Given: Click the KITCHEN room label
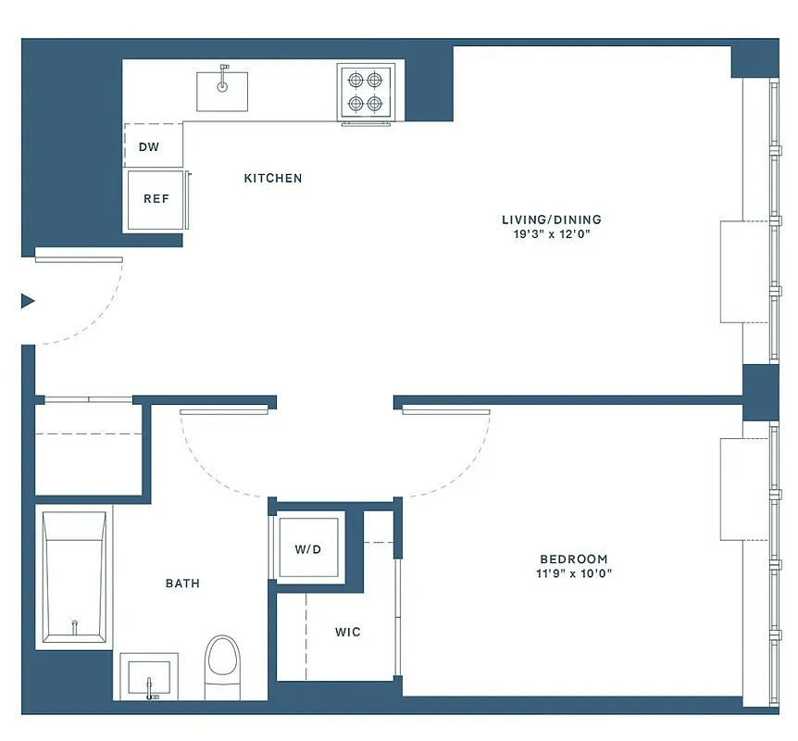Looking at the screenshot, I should click(x=272, y=178).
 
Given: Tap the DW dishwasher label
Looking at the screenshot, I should click(x=148, y=147).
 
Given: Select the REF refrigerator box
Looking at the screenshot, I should click(x=156, y=198).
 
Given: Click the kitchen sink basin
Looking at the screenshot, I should click(x=222, y=91).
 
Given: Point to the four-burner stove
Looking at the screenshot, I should click(x=365, y=92).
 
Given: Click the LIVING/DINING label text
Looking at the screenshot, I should click(x=551, y=220).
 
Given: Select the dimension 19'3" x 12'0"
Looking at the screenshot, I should click(x=551, y=234).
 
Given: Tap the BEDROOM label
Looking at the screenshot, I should click(x=574, y=559).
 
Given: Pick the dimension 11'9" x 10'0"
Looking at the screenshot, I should click(x=574, y=573).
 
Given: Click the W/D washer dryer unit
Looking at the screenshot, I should click(x=308, y=549).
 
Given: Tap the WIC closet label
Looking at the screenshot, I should click(x=348, y=633).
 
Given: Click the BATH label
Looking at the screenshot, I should click(x=182, y=584).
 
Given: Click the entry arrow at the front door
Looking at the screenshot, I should click(x=28, y=300).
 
